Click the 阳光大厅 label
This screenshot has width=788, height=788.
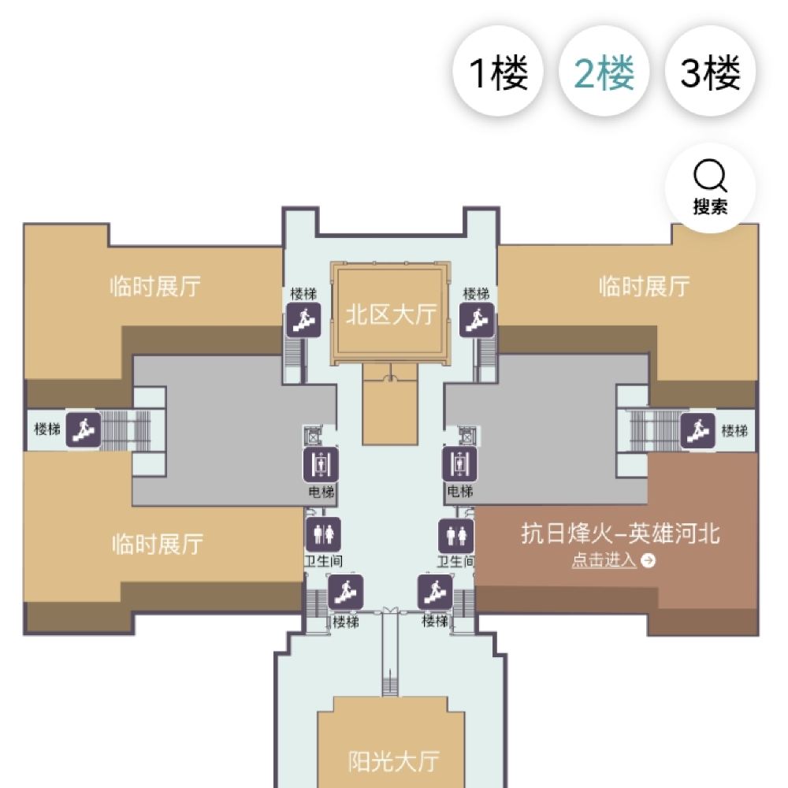pos(394,761)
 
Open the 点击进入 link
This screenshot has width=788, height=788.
pos(613,561)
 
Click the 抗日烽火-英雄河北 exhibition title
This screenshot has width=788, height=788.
pos(620,533)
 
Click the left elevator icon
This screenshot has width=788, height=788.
pos(321,465)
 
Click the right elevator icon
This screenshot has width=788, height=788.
pos(459,465)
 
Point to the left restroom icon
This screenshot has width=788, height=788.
pos(322,534)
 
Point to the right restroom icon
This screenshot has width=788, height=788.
pos(456,535)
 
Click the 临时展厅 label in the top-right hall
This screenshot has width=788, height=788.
pos(644,286)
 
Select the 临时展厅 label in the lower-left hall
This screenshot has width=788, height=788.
pos(158,544)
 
